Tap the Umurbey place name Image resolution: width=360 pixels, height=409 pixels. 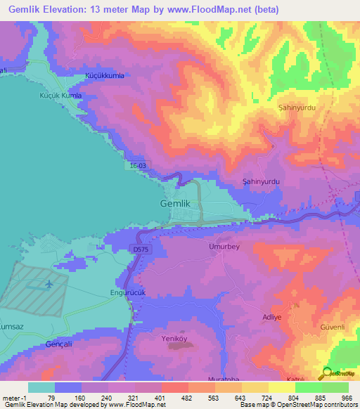click(x=224, y=247)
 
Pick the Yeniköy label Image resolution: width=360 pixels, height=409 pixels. click(x=171, y=338)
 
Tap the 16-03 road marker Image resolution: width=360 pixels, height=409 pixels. click(x=139, y=165)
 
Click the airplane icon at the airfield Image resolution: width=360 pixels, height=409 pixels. click(x=49, y=285)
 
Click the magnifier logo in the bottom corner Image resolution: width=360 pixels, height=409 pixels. click(x=326, y=374)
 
